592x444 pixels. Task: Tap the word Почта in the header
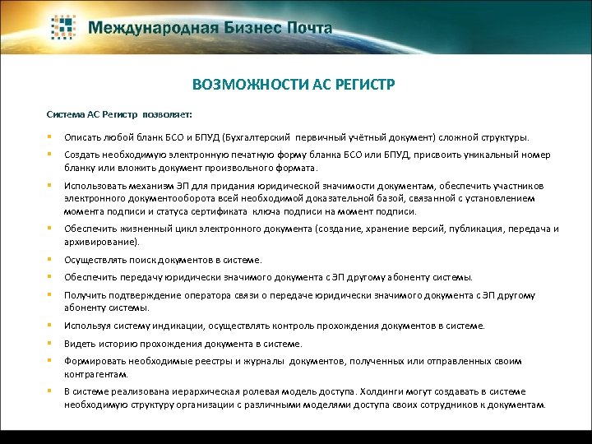click(x=308, y=28)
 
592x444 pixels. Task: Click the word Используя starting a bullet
click(x=86, y=326)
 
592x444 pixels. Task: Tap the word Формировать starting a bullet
click(x=92, y=361)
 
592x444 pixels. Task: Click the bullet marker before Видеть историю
click(x=50, y=343)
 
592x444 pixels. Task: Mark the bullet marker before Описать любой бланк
click(x=50, y=137)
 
